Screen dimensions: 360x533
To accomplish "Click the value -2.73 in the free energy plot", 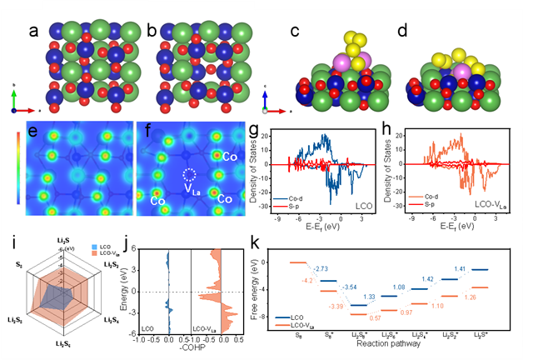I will tap(322, 270).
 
